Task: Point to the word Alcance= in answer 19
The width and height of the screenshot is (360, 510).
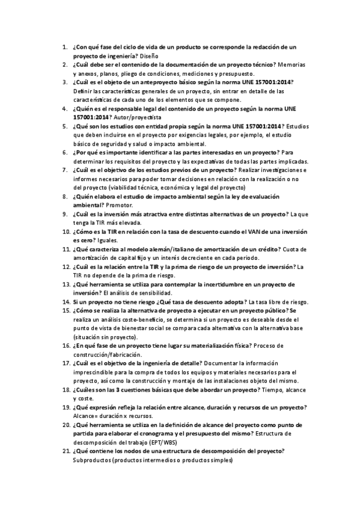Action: (x=85, y=416)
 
